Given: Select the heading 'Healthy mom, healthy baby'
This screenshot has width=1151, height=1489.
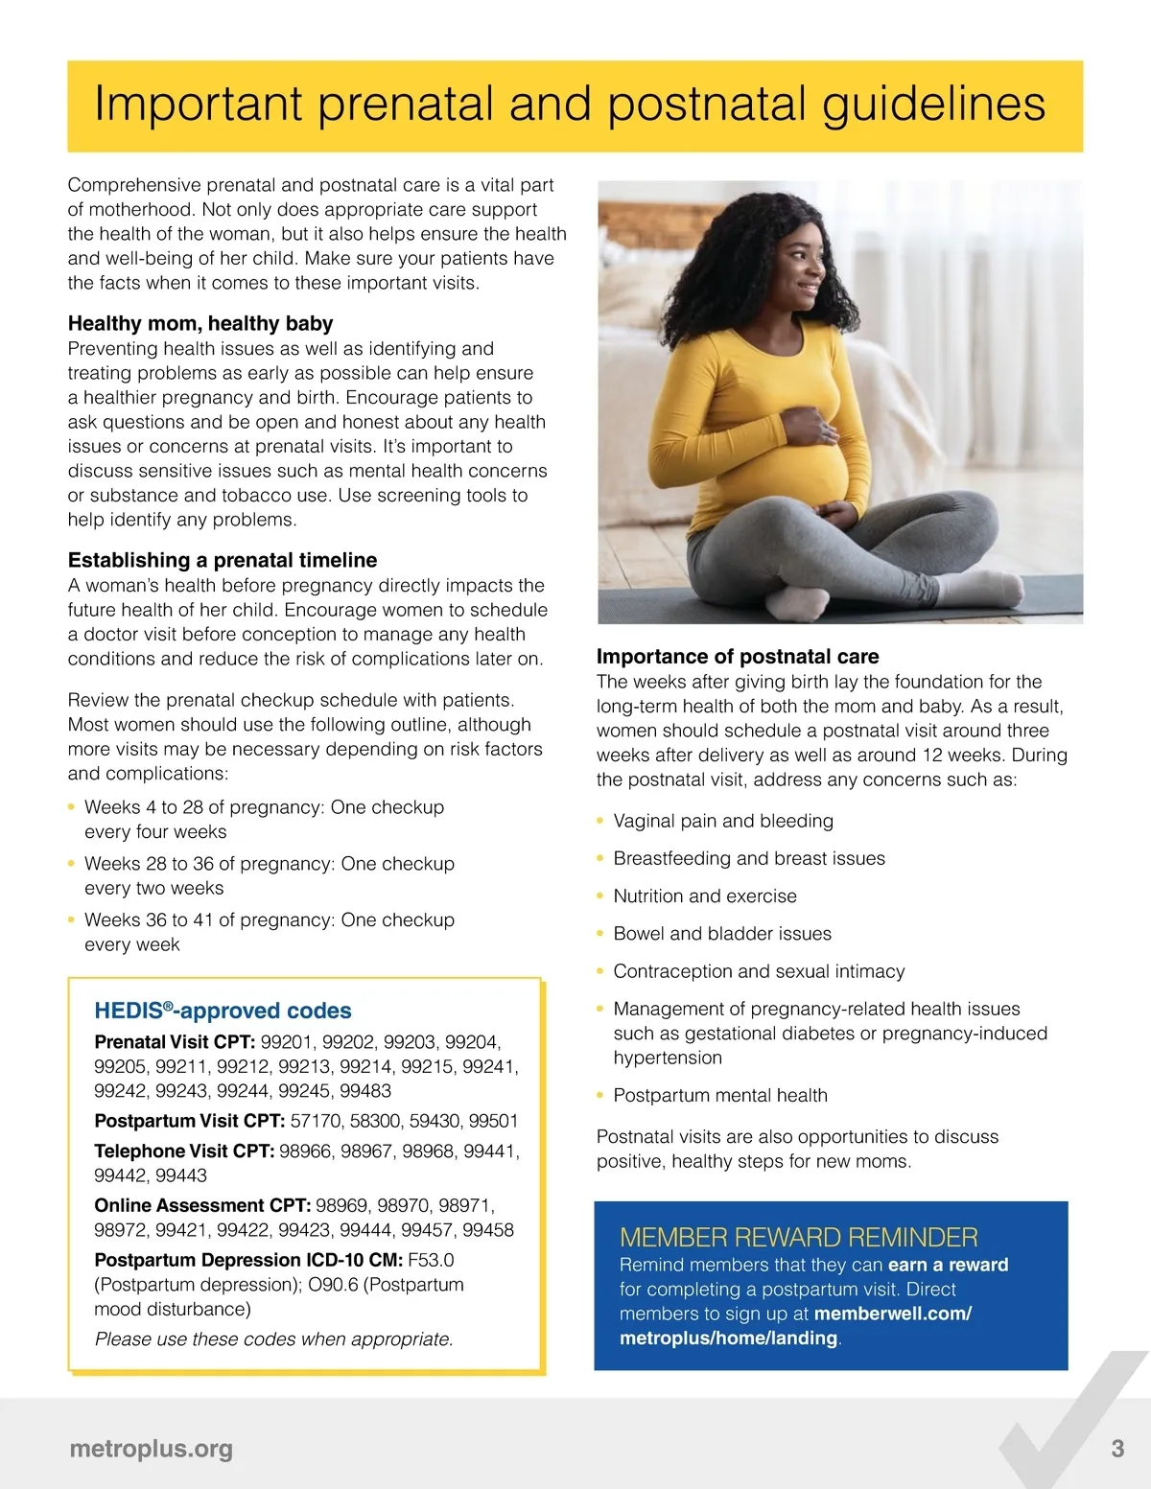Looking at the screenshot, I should coord(200,323).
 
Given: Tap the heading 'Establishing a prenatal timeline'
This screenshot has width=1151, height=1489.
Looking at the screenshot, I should coord(223,560).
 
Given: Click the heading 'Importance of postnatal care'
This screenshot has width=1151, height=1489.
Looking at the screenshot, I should coord(738,657).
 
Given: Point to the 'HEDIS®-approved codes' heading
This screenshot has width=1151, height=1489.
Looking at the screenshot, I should coord(223,1011).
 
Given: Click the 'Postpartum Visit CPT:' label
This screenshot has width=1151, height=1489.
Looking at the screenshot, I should coord(189,1121).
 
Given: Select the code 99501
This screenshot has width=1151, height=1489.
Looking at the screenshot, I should coord(493,1121).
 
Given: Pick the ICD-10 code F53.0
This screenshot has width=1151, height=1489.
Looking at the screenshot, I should coord(431,1260).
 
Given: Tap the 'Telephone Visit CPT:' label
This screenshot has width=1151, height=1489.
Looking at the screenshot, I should coord(184,1151).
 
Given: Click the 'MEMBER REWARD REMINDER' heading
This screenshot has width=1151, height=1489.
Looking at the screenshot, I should coord(798,1237).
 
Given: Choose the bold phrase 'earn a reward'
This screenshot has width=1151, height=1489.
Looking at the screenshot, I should coord(948,1265).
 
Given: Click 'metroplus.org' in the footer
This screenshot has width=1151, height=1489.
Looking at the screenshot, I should coord(151,1449).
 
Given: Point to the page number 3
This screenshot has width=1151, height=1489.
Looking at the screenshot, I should coord(1117,1449).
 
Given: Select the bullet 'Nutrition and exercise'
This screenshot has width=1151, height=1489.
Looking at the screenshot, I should coord(705,896).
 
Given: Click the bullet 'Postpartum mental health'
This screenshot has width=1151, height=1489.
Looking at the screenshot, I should coord(720,1096).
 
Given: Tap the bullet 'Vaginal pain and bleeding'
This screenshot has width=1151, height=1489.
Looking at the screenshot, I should coord(723,822).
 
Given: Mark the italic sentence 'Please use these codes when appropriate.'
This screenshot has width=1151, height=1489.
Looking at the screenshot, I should coord(273,1339).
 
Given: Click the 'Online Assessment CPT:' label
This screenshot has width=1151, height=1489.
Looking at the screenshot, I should coord(202,1205).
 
